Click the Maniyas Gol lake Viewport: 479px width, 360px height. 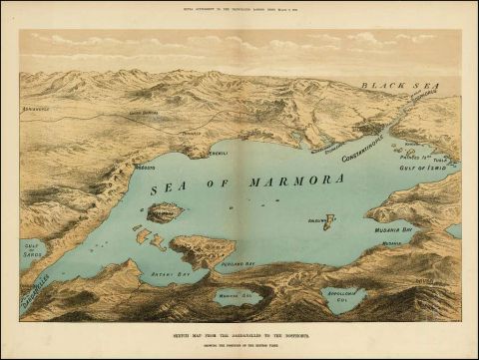pyautogui.click(x=238, y=295)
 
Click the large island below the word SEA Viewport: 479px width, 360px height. pyautogui.click(x=165, y=211)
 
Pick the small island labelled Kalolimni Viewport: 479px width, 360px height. pyautogui.click(x=327, y=219)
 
